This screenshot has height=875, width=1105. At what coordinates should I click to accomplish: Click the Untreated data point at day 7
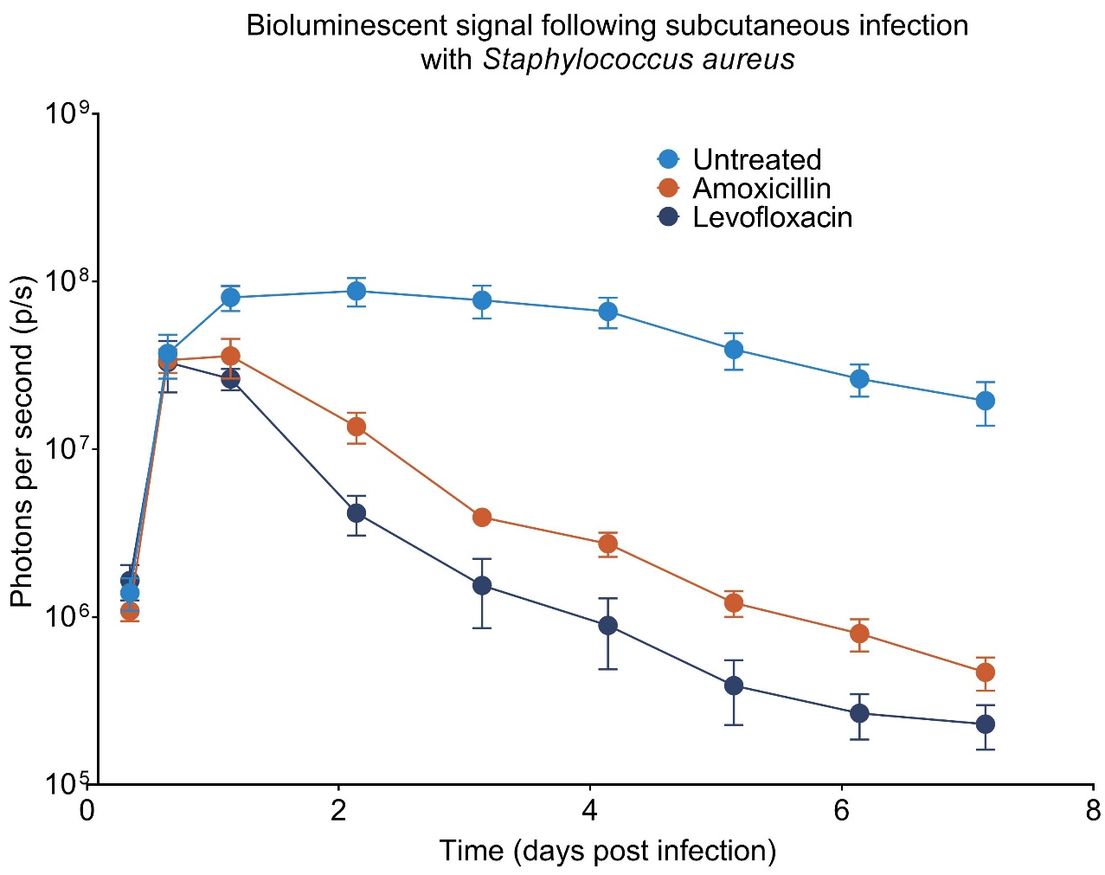[985, 401]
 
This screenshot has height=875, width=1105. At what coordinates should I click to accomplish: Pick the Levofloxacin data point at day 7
[985, 724]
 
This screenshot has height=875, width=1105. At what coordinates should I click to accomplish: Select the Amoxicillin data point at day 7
[985, 672]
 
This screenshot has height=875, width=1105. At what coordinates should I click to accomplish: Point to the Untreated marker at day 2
[357, 291]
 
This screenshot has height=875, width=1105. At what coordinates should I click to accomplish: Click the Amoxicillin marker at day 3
[482, 518]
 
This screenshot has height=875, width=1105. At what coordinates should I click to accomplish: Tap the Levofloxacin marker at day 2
[357, 513]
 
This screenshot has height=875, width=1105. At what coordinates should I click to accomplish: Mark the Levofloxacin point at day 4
[608, 626]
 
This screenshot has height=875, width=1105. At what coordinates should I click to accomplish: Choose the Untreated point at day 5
[734, 350]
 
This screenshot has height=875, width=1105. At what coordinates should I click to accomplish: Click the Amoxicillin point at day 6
[859, 634]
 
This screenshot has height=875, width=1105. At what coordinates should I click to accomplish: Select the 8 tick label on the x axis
[1093, 811]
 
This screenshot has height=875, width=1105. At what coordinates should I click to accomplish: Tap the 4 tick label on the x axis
[590, 811]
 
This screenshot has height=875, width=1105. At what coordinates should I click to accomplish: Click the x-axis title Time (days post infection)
[607, 851]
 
